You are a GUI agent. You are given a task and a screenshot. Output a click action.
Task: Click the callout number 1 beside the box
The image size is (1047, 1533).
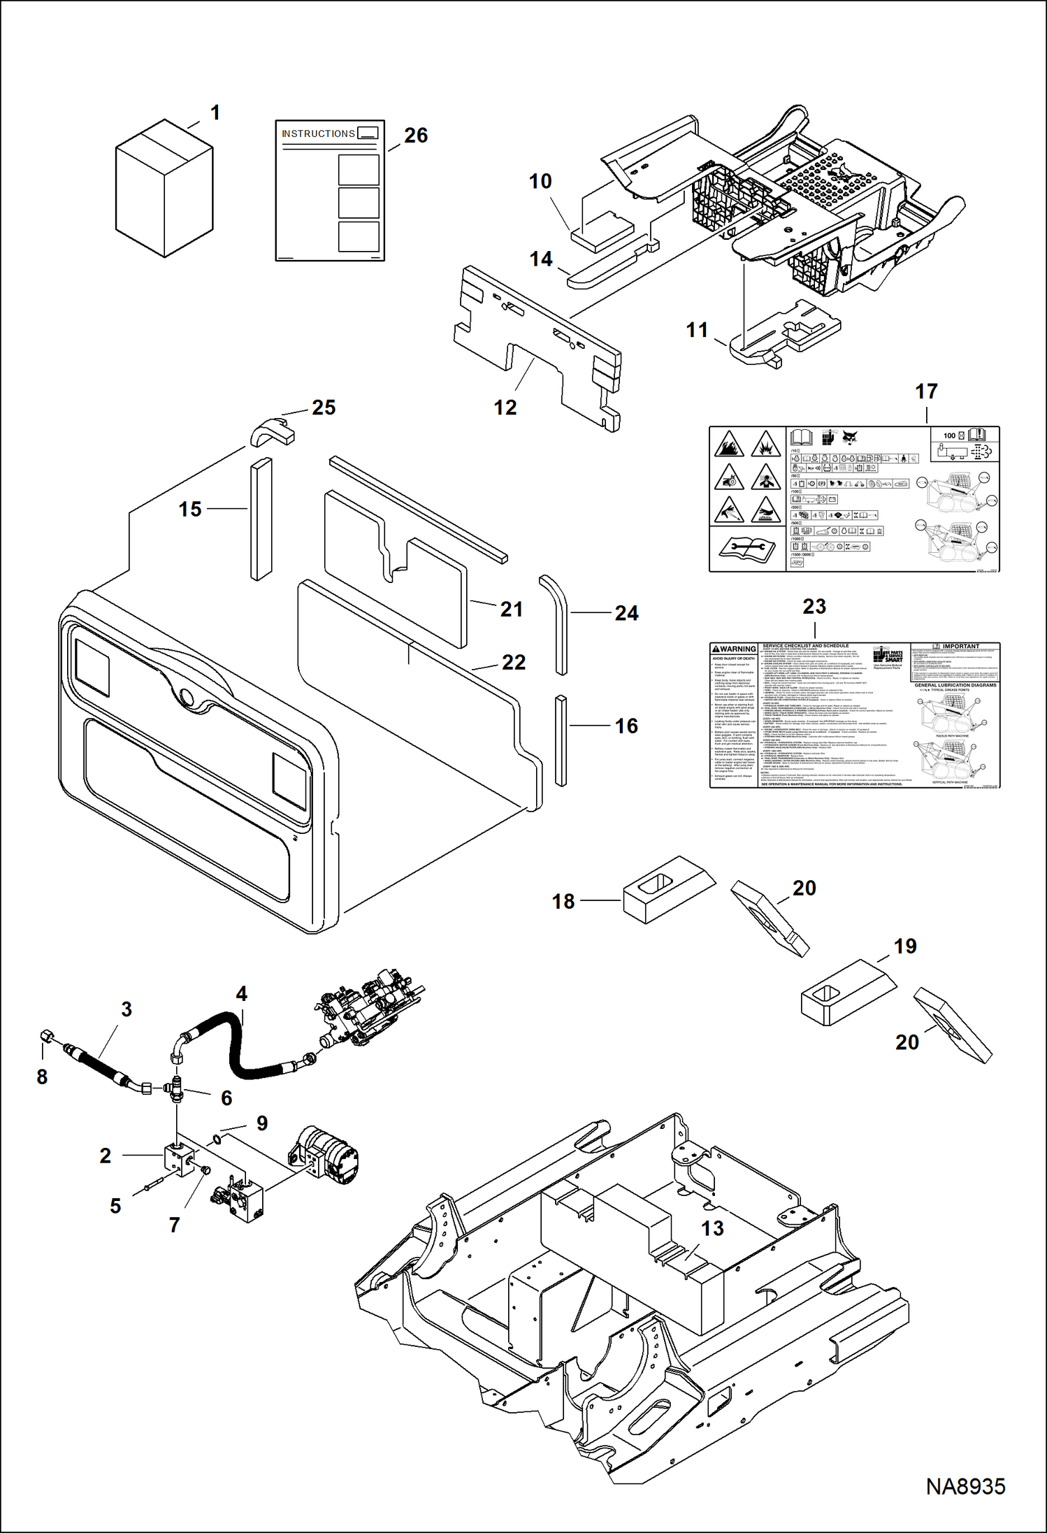(x=215, y=113)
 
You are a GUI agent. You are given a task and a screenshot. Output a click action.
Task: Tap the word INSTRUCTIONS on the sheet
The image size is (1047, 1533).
(x=318, y=134)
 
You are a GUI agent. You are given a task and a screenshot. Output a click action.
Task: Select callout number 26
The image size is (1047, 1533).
(x=416, y=136)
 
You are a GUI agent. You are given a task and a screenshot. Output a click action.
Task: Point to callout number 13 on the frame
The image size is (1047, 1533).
(x=712, y=1228)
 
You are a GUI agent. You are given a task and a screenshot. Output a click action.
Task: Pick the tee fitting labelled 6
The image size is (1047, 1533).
(x=175, y=1088)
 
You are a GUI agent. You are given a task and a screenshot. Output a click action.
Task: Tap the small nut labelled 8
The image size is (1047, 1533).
(x=45, y=1034)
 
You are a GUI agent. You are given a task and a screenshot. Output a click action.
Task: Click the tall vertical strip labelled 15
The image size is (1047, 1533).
(x=261, y=518)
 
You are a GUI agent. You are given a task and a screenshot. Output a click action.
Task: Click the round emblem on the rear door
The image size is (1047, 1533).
(x=187, y=696)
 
